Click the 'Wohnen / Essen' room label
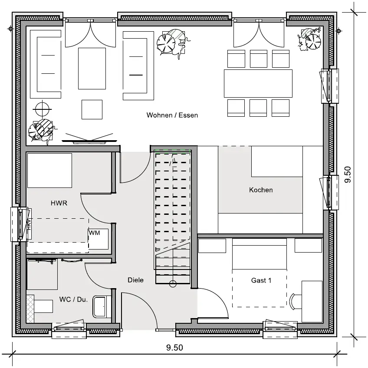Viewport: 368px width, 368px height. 172,115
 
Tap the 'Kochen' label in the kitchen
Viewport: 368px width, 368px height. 261,190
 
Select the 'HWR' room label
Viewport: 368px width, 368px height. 59,203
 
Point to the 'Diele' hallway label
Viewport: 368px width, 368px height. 135,280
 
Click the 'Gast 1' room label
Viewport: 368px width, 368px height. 261,280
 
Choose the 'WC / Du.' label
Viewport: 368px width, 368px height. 73,299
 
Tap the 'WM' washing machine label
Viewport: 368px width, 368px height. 94,233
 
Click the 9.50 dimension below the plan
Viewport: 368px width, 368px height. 174,348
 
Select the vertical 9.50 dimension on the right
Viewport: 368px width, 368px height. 348,174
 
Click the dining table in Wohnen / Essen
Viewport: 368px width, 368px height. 258,83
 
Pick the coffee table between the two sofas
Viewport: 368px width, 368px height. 92,69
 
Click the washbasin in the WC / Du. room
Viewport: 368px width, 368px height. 102,307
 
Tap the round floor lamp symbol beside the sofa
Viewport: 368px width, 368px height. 42,108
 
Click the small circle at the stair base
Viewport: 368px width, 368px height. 173,284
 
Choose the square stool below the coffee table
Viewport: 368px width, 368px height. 92,110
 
